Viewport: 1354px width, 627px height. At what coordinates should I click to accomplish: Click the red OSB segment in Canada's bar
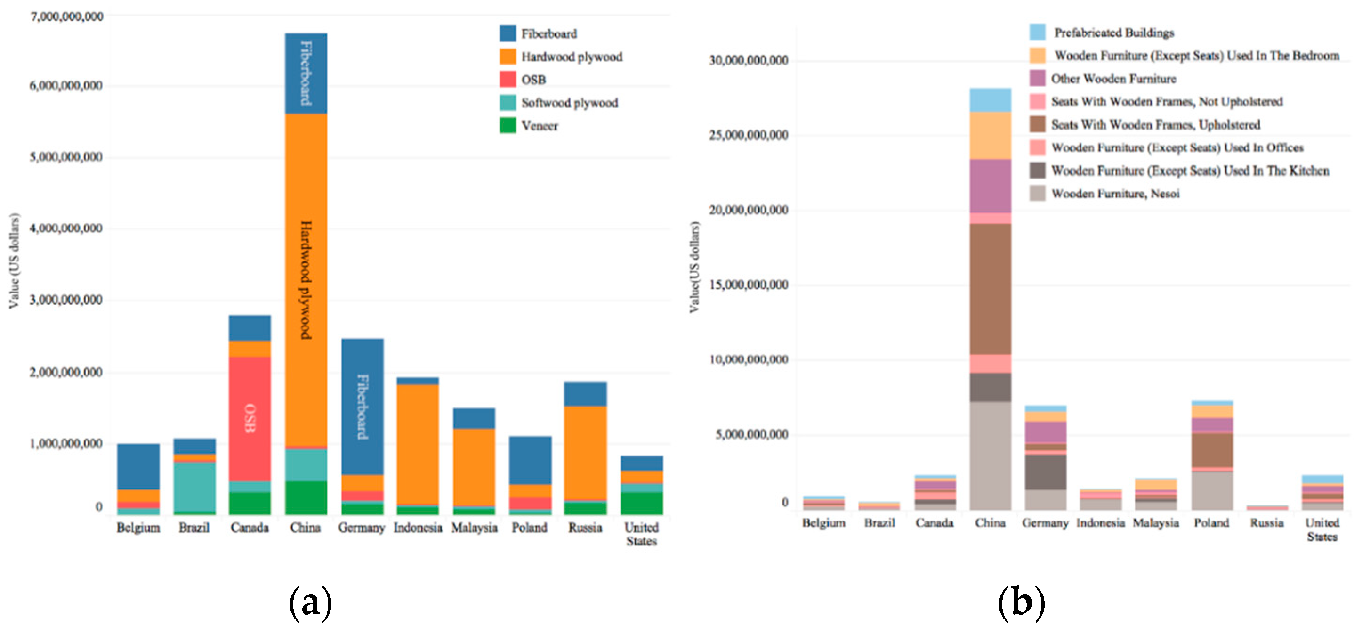point(250,419)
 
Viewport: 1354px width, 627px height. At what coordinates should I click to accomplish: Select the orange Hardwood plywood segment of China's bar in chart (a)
point(306,280)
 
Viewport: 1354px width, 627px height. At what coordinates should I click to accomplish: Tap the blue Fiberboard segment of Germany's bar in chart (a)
point(362,407)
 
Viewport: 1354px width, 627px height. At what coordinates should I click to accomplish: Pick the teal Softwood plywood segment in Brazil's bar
point(194,487)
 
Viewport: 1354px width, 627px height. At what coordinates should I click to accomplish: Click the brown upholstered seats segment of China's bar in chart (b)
point(990,289)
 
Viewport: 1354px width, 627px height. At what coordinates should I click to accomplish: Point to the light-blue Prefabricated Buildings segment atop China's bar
point(990,100)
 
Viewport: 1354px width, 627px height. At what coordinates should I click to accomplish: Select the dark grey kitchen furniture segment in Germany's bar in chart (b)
point(1046,472)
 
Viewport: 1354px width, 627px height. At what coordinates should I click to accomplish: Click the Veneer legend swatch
point(508,126)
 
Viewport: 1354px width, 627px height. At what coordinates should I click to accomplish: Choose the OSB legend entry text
point(533,80)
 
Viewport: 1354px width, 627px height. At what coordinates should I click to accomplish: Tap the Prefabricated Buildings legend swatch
point(1038,32)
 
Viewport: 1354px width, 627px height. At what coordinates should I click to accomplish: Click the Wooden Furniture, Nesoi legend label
point(1115,194)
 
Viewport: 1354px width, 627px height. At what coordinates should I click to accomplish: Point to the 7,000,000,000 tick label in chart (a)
point(67,17)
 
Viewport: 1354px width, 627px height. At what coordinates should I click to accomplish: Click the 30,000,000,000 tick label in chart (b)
point(749,60)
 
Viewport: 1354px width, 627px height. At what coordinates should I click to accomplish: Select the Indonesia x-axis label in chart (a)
point(418,528)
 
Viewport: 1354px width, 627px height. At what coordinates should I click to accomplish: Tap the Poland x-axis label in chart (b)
point(1211,523)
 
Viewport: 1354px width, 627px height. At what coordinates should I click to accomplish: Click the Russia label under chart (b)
point(1267,523)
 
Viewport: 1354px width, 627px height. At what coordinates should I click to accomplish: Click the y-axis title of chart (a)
point(14,261)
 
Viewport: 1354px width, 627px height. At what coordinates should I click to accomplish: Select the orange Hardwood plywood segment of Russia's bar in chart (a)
point(586,453)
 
